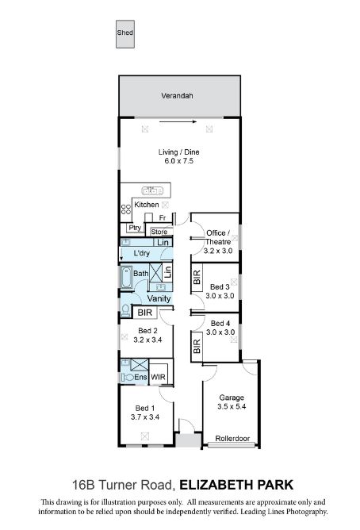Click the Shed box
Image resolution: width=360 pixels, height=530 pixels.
[x=125, y=34]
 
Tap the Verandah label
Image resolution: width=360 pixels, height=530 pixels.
[x=177, y=96]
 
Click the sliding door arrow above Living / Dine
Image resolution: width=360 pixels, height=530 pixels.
[x=178, y=121]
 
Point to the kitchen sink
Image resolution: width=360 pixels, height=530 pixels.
[x=152, y=191]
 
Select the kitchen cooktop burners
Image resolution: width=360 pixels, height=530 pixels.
[x=126, y=209]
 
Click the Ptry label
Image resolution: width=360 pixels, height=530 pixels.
[x=135, y=228]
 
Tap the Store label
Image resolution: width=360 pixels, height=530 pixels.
[x=159, y=232]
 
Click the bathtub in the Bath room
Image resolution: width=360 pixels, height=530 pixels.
[x=127, y=277]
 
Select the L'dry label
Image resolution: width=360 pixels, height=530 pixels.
[x=141, y=253]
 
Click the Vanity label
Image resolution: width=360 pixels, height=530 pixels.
[x=159, y=298]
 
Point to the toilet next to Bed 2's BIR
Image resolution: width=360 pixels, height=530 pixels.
[x=125, y=309]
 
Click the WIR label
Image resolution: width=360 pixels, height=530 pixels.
[x=158, y=377]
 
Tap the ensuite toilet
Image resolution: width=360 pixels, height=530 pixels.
[x=128, y=377]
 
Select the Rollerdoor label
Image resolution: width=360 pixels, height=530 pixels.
[x=232, y=439]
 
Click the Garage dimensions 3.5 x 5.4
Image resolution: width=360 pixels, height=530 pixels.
[x=232, y=406]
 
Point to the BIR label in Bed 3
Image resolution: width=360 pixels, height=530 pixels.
[x=197, y=277]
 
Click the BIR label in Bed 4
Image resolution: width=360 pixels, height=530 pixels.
[x=197, y=347]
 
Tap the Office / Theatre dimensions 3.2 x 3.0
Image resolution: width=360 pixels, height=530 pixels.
[x=218, y=251]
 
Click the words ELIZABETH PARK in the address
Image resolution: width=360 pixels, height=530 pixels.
[x=236, y=485]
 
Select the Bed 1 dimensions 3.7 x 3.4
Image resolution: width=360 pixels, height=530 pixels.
[x=145, y=417]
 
